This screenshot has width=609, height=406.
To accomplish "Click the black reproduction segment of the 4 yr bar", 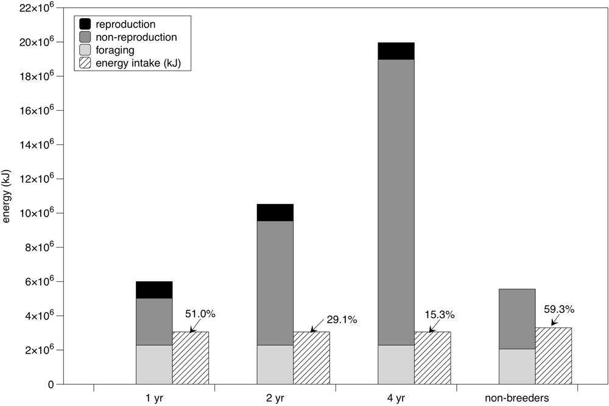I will pos(396,51).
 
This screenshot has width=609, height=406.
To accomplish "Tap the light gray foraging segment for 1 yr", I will pos(154,365).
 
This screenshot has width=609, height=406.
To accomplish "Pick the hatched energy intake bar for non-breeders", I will pos(553,356).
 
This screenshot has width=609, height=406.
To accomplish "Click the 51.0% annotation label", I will pos(200,315).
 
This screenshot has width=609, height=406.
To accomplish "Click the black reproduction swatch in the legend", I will pos(85,24).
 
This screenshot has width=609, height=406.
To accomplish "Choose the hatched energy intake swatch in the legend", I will pos(85,62).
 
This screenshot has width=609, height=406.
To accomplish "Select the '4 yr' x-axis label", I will pos(396,397).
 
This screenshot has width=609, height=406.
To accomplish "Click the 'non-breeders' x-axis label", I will pos(517,397).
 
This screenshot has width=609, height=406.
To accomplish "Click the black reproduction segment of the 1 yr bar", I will pos(154,290).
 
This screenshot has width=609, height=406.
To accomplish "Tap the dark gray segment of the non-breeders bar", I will pos(517,319).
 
